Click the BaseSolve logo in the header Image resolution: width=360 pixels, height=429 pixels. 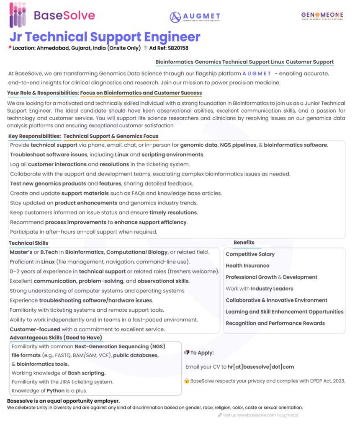[x=52, y=16]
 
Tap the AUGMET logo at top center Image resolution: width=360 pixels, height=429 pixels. [x=195, y=17]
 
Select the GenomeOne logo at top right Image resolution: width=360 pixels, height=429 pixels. [x=322, y=16]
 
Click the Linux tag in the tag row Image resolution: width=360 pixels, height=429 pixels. [x=277, y=62]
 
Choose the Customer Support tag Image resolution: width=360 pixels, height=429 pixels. [x=310, y=62]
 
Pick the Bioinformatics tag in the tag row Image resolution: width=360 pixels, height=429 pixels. [x=174, y=62]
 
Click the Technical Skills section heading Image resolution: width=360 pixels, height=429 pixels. [x=28, y=243]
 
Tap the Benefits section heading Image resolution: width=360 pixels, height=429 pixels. [x=244, y=243]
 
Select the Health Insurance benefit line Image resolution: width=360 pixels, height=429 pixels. [x=247, y=266]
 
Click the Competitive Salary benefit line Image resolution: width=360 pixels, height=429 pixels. [x=250, y=254]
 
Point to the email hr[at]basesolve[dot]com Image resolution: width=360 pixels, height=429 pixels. [x=260, y=367]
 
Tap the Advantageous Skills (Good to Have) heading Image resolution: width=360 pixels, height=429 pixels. [x=56, y=337]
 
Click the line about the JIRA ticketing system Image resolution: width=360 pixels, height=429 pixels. [x=62, y=382]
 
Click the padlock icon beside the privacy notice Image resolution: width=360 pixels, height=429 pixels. [x=187, y=381]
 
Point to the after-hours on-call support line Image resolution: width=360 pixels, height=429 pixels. [x=83, y=232]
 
